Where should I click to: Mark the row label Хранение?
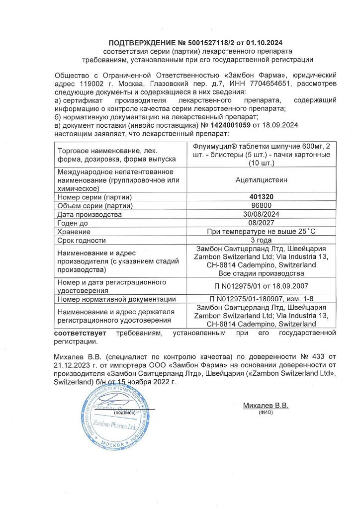coord(73,232)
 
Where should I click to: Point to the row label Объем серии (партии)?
coord(95,206)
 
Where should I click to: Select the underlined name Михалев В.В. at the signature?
coord(266,406)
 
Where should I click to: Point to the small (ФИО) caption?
coord(266,413)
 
